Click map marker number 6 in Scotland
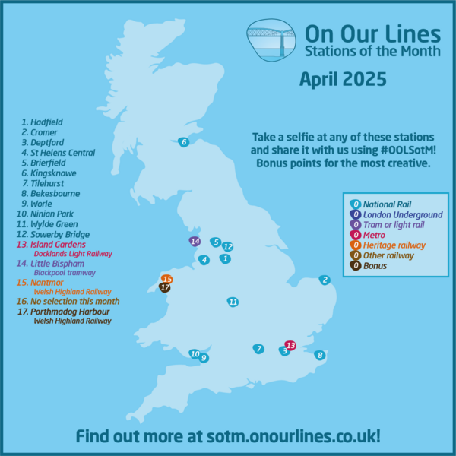pyautogui.click(x=182, y=141)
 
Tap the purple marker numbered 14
pyautogui.click(x=195, y=242)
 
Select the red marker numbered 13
pyautogui.click(x=289, y=345)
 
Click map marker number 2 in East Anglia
pyautogui.click(x=325, y=280)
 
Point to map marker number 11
pyautogui.click(x=233, y=302)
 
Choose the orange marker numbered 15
pyautogui.click(x=166, y=279)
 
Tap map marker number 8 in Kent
pyautogui.click(x=320, y=355)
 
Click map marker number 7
pyautogui.click(x=258, y=349)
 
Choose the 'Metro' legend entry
pyautogui.click(x=374, y=235)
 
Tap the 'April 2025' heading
pyautogui.click(x=343, y=78)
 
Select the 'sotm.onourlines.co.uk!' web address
pyautogui.click(x=289, y=436)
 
